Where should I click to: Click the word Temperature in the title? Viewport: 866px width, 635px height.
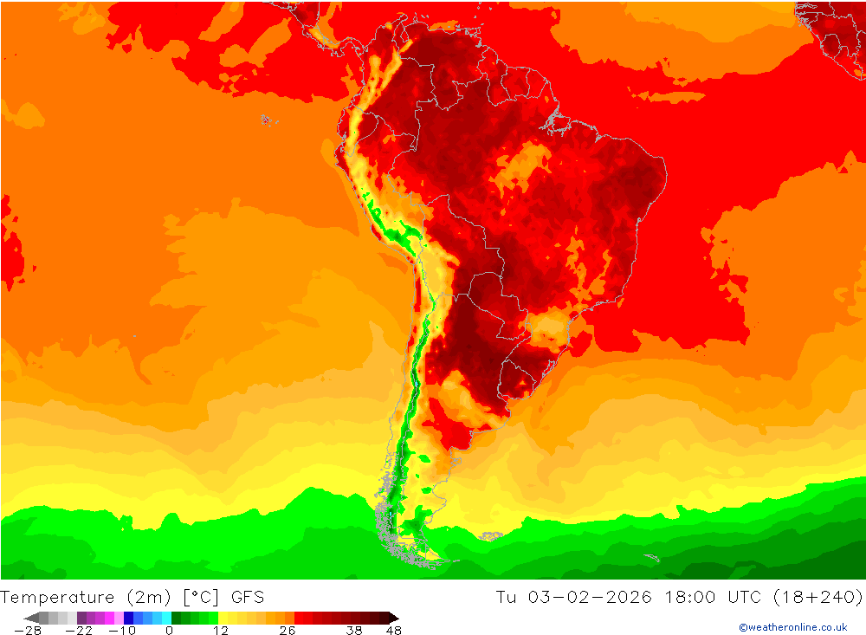pos(57,597)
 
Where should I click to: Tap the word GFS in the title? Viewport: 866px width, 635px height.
pos(248,597)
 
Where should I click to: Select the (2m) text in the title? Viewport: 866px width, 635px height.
pos(147,597)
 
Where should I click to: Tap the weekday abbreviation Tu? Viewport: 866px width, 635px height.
pos(507,597)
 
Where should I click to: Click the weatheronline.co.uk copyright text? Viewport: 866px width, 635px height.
pos(792,627)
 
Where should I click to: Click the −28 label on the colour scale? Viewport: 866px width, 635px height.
pos(28,631)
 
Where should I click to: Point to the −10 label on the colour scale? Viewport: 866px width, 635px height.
pos(122,631)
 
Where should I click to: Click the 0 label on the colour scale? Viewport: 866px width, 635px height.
pos(169,631)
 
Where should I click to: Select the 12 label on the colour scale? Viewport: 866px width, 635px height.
pos(221,631)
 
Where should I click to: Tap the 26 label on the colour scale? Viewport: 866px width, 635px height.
pos(287,631)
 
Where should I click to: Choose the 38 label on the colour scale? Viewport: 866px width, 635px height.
pos(353,631)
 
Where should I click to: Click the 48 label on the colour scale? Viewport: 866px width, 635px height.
pos(393,631)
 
